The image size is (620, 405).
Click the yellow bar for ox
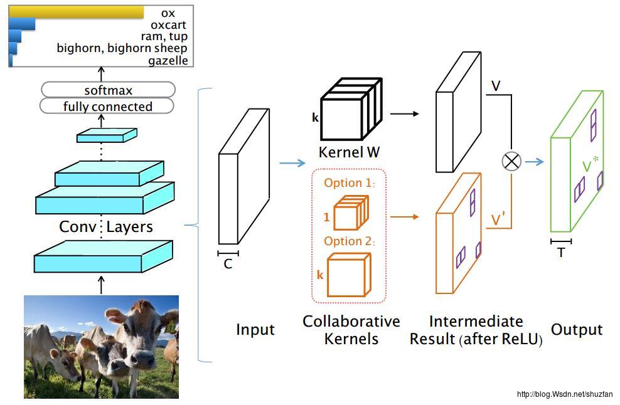point(77,13)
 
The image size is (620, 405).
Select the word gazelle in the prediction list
point(168,61)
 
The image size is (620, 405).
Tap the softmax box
point(108,90)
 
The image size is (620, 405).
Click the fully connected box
point(107,107)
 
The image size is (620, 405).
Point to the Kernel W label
point(349,152)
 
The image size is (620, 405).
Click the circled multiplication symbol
point(512,161)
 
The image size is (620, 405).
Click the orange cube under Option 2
point(348,275)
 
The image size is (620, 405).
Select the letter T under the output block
point(560,252)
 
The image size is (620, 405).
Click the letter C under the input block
point(228,264)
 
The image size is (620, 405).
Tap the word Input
point(255,330)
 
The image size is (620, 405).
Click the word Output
point(576,330)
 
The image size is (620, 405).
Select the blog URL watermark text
point(564,394)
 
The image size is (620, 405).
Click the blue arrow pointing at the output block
point(534,162)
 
